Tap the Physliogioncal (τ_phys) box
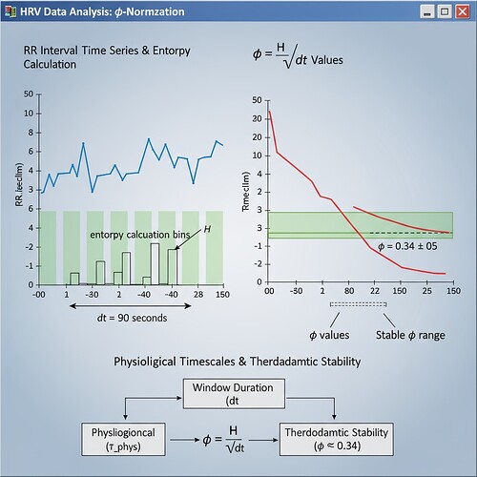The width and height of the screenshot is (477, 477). pos(127,439)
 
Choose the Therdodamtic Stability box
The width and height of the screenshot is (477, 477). pos(336,439)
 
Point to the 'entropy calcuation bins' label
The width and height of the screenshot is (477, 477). pos(139,234)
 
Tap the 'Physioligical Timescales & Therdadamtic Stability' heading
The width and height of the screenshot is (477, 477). pos(238,363)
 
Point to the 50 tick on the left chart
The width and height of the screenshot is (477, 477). pos(30,94)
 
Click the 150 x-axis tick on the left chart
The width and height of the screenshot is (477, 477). pos(221,295)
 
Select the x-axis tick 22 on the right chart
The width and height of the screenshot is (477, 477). pos(375,290)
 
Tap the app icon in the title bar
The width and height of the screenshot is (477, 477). pos(12,11)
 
